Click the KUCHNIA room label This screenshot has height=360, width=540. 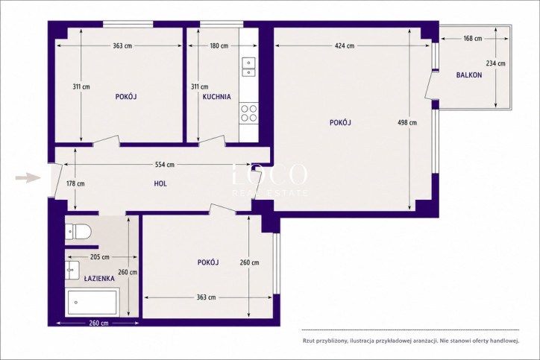pos(216,97)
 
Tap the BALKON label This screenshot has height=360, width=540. pos(469,75)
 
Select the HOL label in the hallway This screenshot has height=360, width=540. pos(160,184)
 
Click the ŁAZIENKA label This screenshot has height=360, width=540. pos(99,279)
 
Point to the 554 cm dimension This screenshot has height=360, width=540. pos(165,165)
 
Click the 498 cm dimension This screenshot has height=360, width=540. pos(407,122)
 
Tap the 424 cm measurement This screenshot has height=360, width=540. pos(345,45)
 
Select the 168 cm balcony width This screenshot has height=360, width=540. pos(473,39)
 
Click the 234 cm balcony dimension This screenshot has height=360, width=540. pos(495,63)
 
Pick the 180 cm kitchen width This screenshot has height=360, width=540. pos(219,45)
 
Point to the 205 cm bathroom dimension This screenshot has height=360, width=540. pos(99,257)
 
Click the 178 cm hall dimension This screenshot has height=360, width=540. pos(75,184)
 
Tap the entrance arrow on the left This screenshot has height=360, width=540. pos(28,178)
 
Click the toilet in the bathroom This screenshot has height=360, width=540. pos(78,231)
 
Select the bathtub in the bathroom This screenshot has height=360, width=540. pos(92,303)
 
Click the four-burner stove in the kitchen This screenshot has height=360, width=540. pos(248,113)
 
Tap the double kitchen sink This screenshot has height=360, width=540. pos(248,67)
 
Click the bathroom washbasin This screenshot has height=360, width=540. pos(72,270)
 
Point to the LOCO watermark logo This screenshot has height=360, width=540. pos(269,174)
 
